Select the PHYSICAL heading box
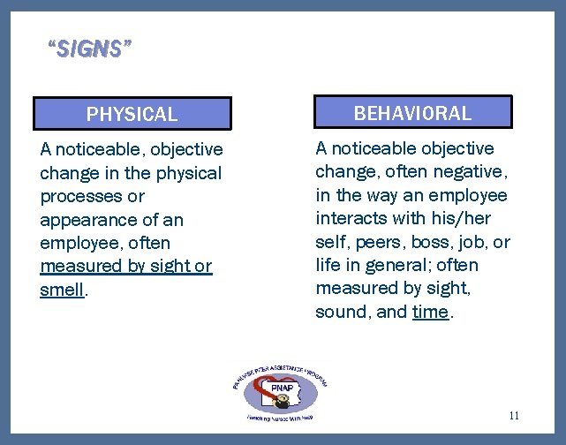pos(132,114)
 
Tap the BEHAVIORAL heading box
pos(412,112)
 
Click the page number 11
pos(515,415)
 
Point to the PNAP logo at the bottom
pos(280,388)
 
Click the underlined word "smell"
pos(62,289)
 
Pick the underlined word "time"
pos(430,311)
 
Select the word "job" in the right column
pos(478,242)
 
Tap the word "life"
pos(328,265)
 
